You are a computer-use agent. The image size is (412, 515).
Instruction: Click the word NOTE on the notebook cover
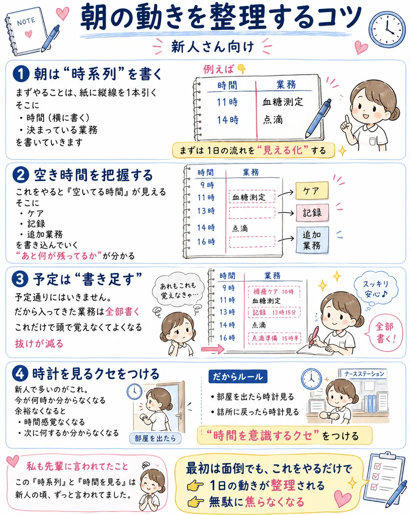(x=26, y=22)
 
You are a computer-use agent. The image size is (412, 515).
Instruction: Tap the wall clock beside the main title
(x=387, y=29)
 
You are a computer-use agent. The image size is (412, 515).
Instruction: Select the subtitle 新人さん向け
(x=213, y=47)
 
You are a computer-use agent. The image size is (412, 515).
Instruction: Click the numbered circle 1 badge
(x=21, y=74)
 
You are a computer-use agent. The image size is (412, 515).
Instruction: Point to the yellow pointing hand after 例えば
(x=242, y=69)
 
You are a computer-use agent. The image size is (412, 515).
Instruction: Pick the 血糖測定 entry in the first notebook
(x=283, y=102)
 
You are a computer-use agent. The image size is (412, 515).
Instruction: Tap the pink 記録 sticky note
(x=312, y=213)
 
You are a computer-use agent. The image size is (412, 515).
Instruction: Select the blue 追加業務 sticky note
(x=312, y=240)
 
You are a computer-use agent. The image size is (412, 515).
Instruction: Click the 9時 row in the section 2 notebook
(x=207, y=185)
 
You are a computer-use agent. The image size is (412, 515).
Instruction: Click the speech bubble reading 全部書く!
(x=385, y=333)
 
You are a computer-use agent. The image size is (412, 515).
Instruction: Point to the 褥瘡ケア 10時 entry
(x=274, y=292)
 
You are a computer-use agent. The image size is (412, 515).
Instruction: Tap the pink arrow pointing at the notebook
(x=213, y=349)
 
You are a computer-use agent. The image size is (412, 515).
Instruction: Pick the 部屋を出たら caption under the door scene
(x=155, y=438)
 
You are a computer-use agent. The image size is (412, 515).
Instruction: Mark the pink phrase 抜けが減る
(x=39, y=344)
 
